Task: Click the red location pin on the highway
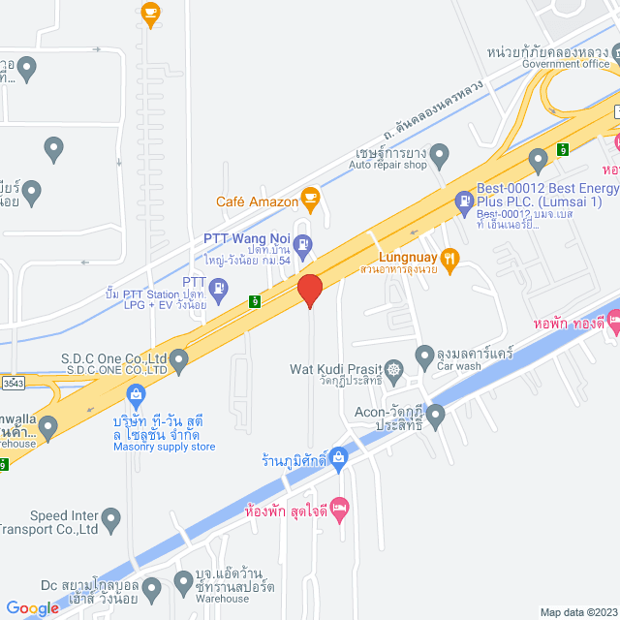309,289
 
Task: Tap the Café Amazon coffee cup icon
310,200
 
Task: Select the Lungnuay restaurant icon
449,258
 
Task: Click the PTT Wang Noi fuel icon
302,243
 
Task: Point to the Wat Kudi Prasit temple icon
393,368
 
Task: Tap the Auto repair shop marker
440,153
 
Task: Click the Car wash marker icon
424,356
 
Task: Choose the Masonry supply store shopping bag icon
135,394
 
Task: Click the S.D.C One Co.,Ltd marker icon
177,358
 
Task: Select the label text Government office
566,64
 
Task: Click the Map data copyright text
576,611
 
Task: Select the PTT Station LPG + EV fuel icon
219,287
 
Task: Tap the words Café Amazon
258,201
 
